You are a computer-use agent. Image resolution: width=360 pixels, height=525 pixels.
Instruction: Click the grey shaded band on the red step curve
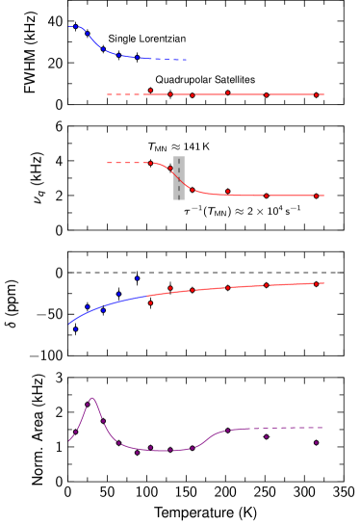click(x=179, y=178)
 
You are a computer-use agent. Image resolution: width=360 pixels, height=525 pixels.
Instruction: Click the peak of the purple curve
click(x=92, y=398)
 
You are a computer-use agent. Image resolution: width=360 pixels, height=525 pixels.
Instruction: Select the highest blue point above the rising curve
click(x=137, y=278)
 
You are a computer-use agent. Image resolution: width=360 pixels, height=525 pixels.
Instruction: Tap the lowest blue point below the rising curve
click(x=75, y=329)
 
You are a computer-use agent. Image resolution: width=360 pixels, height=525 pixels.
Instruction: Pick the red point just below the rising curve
click(x=150, y=303)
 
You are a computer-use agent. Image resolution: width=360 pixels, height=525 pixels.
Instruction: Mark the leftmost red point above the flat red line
click(x=150, y=91)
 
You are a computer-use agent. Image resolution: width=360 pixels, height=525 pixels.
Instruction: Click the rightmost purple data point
click(x=316, y=442)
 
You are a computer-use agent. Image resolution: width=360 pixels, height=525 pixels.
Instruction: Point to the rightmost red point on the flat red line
click(x=316, y=94)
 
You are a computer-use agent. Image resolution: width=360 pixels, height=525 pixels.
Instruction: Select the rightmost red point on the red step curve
click(x=316, y=196)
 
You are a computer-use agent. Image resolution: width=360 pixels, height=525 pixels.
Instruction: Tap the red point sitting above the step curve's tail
click(x=227, y=192)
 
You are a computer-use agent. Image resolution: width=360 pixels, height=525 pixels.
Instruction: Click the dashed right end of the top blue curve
click(x=186, y=60)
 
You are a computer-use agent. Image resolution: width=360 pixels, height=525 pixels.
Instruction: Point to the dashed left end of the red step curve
click(x=108, y=163)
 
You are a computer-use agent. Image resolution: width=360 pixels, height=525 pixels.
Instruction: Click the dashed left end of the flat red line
click(x=108, y=94)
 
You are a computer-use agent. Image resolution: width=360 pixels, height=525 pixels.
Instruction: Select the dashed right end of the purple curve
click(x=322, y=428)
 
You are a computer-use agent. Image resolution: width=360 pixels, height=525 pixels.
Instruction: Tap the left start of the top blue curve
click(x=69, y=27)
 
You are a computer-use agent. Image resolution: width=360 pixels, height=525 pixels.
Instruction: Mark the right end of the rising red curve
click(x=323, y=283)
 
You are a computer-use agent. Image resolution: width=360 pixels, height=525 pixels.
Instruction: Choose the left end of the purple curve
click(x=69, y=441)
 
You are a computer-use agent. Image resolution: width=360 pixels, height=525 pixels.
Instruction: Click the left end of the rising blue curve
click(x=69, y=323)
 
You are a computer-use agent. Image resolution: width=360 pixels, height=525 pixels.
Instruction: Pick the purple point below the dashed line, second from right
click(x=267, y=436)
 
